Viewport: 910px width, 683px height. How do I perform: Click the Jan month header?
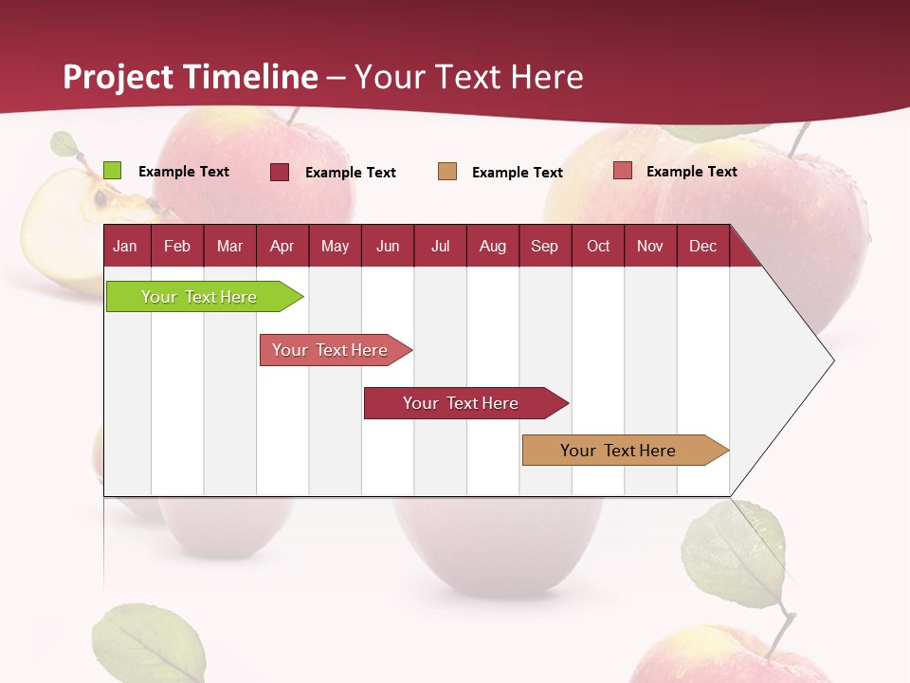[x=125, y=247]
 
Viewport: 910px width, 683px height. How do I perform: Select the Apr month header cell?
[x=282, y=247]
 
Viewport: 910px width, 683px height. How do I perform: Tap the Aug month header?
[x=492, y=247]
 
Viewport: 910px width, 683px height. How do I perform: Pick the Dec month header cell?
[x=702, y=247]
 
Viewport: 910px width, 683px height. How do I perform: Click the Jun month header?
[x=388, y=247]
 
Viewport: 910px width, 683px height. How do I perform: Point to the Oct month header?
[x=598, y=247]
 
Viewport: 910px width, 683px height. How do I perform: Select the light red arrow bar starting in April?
[x=332, y=350]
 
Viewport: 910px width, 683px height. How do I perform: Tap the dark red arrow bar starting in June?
[x=463, y=403]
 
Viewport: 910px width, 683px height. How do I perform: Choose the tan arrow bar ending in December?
[x=622, y=451]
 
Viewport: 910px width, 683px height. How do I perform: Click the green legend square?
[x=112, y=171]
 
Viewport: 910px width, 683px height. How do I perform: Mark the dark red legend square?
[x=280, y=172]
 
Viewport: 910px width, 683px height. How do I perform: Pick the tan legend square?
[x=447, y=172]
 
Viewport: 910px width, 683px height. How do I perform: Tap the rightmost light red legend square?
[x=622, y=171]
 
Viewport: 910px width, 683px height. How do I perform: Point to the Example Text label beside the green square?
[x=184, y=172]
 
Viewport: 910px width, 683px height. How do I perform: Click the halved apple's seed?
[x=100, y=198]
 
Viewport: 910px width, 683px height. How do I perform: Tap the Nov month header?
[x=650, y=247]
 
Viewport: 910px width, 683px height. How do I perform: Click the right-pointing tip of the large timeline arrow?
[x=831, y=360]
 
